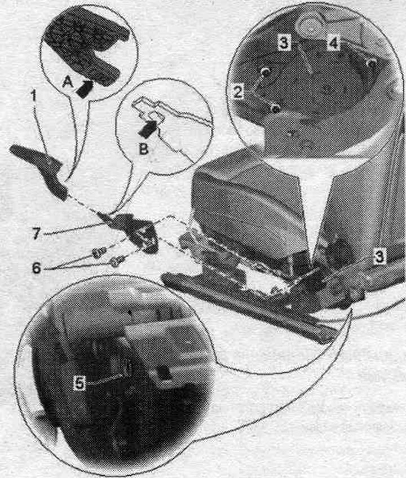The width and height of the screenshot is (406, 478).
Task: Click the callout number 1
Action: click(34, 96)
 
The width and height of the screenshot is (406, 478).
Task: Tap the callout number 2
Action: click(238, 92)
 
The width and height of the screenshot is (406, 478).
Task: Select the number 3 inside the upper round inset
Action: click(284, 43)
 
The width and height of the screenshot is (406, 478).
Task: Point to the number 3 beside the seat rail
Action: click(379, 256)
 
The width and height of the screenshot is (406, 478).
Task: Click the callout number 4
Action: click(333, 43)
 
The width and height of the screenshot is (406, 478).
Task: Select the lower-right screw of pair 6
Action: click(116, 262)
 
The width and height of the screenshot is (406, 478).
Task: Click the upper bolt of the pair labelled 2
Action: click(266, 72)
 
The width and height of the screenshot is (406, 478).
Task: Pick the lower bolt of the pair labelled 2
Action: click(275, 108)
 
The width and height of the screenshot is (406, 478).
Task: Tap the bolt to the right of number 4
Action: click(372, 63)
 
